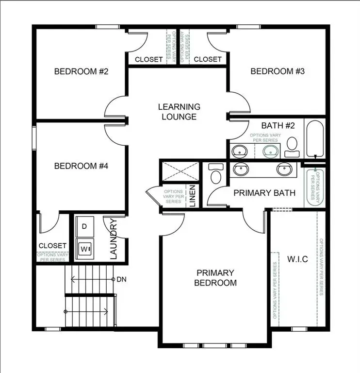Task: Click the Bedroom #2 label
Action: pyautogui.click(x=81, y=71)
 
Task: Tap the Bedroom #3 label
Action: pyautogui.click(x=278, y=71)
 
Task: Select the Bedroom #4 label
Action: pyautogui.click(x=81, y=166)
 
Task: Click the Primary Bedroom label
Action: pyautogui.click(x=215, y=278)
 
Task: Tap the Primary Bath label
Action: pyautogui.click(x=264, y=193)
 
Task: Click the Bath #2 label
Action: pyautogui.click(x=278, y=126)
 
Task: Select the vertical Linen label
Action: pyautogui.click(x=192, y=197)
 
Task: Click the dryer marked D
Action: pyautogui.click(x=84, y=226)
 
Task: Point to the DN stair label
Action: pyautogui.click(x=121, y=280)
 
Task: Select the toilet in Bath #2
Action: pyautogui.click(x=292, y=146)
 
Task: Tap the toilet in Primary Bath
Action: pyautogui.click(x=215, y=173)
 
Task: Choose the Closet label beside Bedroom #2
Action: pyautogui.click(x=148, y=59)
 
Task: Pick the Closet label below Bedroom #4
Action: pyautogui.click(x=52, y=246)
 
